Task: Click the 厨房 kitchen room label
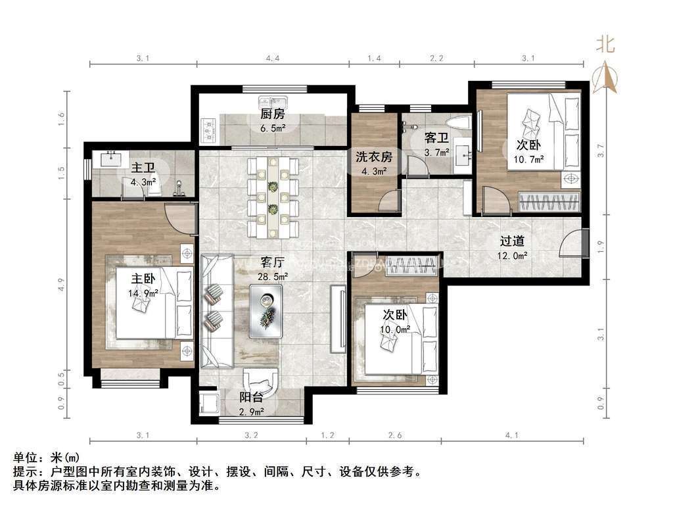click(272, 114)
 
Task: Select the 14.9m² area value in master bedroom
click(143, 293)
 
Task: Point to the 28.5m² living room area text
click(272, 276)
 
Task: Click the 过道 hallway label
click(513, 241)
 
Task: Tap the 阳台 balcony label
click(251, 397)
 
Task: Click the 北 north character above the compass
click(605, 44)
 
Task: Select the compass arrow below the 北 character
click(605, 76)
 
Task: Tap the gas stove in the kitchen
click(210, 130)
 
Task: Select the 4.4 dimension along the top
click(273, 59)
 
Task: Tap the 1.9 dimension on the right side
click(599, 248)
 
